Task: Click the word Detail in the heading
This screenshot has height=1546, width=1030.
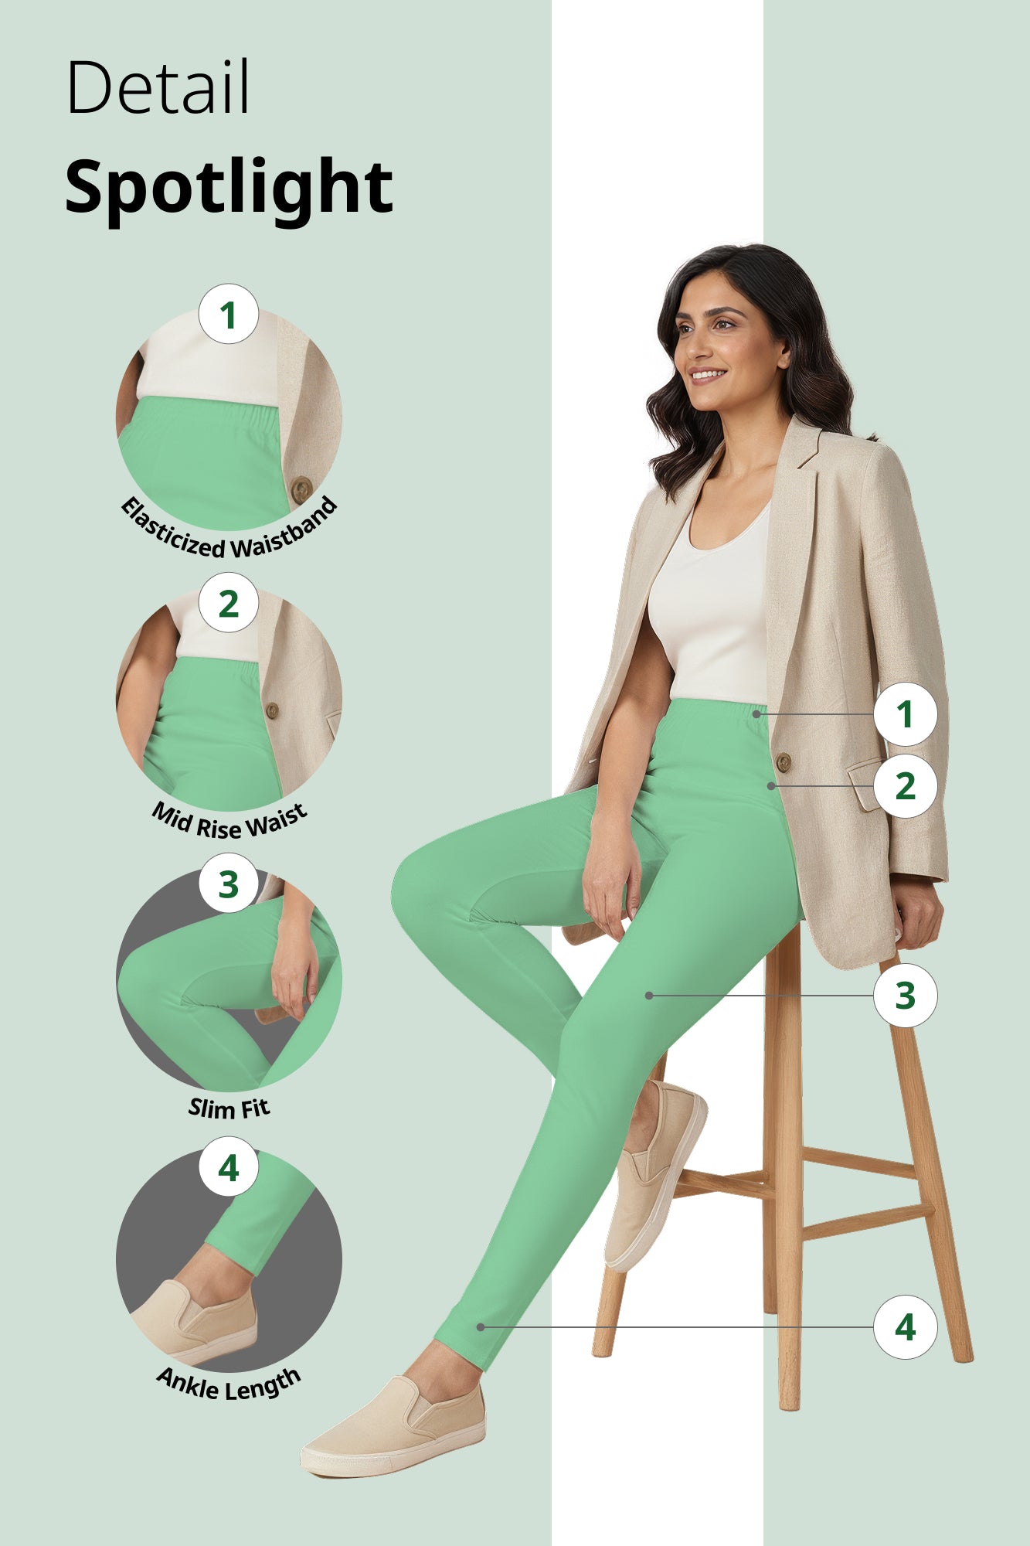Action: (158, 87)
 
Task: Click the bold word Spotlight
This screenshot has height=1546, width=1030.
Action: (229, 187)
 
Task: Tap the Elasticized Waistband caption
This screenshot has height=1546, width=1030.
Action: (229, 533)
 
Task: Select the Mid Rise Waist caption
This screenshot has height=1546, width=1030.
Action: (229, 822)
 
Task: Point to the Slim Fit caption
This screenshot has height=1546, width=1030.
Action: (229, 1108)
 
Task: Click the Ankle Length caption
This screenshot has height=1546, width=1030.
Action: (229, 1384)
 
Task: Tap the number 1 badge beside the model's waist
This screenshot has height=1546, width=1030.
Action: (905, 714)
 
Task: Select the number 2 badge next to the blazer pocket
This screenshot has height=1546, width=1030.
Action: (905, 786)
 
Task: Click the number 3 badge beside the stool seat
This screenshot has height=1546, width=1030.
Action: (905, 996)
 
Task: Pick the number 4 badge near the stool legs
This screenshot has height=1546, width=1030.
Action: (905, 1327)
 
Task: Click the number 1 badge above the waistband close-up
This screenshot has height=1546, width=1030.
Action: (228, 315)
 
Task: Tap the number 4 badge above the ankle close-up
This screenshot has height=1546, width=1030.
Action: (228, 1168)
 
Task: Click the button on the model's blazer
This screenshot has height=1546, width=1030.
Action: (783, 762)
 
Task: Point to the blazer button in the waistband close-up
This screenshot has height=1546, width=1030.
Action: (301, 489)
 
